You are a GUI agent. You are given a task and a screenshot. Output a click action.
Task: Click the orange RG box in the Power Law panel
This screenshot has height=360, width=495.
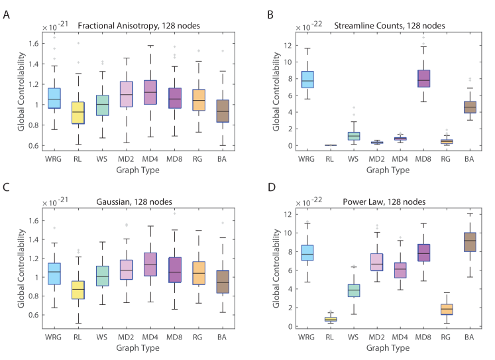[446, 309]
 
